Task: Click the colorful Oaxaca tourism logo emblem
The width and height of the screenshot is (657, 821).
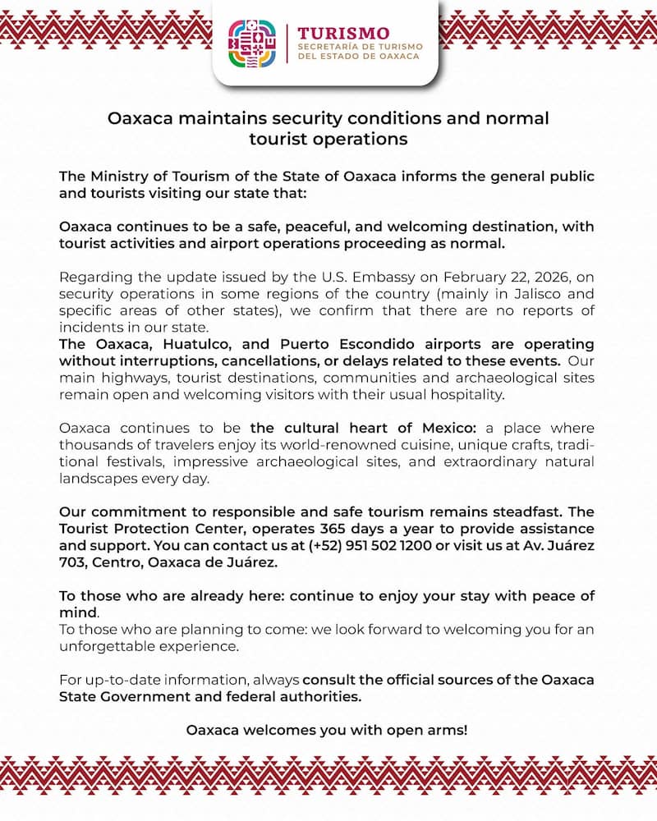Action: click(x=252, y=44)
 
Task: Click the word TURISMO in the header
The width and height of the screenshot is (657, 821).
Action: click(x=343, y=33)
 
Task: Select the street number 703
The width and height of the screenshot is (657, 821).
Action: click(x=71, y=562)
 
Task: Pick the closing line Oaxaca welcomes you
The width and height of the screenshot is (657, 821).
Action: click(x=327, y=729)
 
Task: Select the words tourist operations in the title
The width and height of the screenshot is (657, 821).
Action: click(x=328, y=139)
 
